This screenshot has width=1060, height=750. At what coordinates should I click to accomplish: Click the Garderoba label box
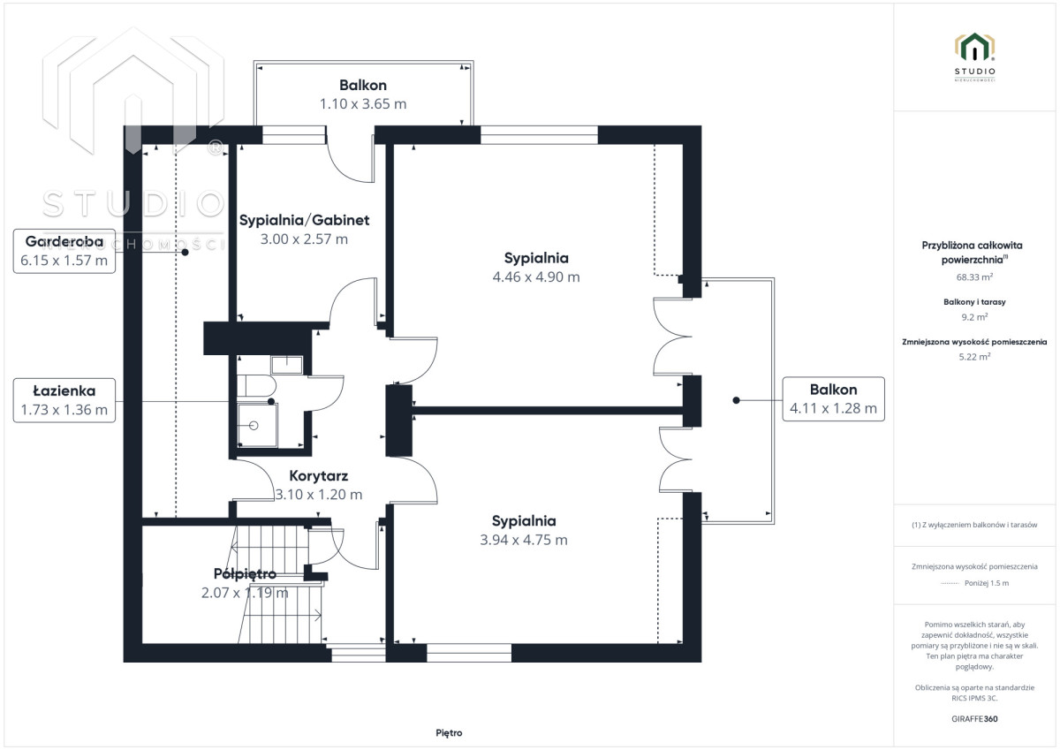pyautogui.click(x=64, y=251)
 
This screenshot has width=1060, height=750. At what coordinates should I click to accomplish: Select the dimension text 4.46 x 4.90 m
pyautogui.click(x=536, y=277)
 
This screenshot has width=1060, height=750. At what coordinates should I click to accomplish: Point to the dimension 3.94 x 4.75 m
pyautogui.click(x=524, y=540)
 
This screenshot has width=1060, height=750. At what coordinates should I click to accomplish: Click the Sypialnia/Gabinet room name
pyautogui.click(x=304, y=220)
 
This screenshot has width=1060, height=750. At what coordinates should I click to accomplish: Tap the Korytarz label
pyautogui.click(x=319, y=475)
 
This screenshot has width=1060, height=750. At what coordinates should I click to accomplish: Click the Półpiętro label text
pyautogui.click(x=246, y=574)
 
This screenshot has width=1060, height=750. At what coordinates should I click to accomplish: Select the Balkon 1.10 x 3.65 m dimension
pyautogui.click(x=363, y=103)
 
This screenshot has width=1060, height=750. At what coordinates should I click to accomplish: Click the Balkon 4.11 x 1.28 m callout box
pyautogui.click(x=833, y=399)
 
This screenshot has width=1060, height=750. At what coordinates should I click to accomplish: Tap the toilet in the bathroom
pyautogui.click(x=256, y=386)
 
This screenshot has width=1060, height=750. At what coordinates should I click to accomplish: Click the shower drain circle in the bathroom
pyautogui.click(x=254, y=426)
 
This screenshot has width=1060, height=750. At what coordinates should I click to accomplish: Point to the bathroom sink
pyautogui.click(x=287, y=365)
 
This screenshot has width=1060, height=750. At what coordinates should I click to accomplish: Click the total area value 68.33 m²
pyautogui.click(x=974, y=277)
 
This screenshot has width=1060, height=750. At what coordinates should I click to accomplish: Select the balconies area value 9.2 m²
pyautogui.click(x=974, y=317)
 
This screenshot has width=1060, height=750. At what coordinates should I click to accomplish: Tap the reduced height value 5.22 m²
pyautogui.click(x=974, y=357)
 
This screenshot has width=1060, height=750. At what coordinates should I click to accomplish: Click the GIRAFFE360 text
pyautogui.click(x=974, y=719)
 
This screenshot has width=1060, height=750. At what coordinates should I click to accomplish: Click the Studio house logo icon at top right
pyautogui.click(x=974, y=48)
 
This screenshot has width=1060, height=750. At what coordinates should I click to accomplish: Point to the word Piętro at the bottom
pyautogui.click(x=449, y=733)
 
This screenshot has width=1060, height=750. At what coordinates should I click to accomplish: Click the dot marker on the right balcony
pyautogui.click(x=736, y=400)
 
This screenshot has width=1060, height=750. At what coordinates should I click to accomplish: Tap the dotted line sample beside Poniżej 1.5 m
pyautogui.click(x=950, y=583)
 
